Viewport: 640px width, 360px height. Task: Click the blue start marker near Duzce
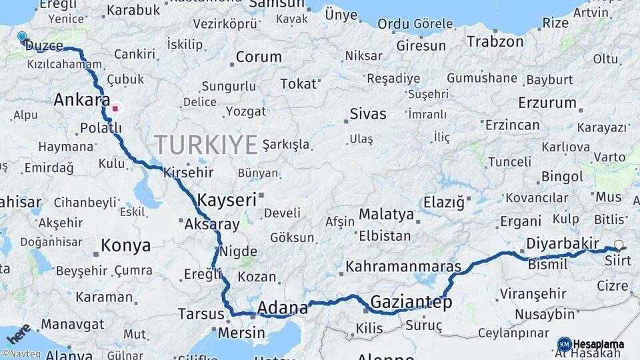(22, 37)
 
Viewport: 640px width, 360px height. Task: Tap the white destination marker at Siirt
(619, 245)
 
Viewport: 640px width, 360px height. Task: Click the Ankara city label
(81, 100)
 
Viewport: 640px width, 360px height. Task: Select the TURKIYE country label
(206, 144)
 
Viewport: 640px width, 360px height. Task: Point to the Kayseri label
(227, 199)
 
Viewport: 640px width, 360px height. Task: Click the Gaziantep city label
(411, 302)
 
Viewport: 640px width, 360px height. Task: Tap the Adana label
(282, 307)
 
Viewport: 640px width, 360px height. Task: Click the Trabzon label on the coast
(495, 41)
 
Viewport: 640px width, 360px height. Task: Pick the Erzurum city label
(547, 103)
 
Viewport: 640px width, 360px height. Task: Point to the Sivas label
(368, 114)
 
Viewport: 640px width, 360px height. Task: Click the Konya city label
(125, 245)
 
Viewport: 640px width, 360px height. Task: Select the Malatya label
(386, 215)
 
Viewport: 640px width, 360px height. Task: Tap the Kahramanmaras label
(403, 267)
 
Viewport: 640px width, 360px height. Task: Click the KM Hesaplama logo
(591, 344)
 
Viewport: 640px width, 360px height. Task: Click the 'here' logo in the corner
(19, 334)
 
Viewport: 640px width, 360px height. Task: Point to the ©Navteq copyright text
(20, 354)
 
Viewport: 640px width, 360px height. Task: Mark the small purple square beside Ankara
(115, 108)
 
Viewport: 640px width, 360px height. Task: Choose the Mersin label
(241, 331)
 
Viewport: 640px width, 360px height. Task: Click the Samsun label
(276, 5)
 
